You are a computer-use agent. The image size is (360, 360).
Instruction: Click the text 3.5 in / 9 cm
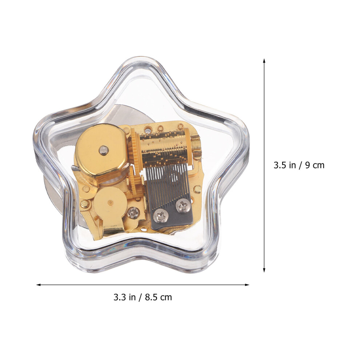(x=299, y=165)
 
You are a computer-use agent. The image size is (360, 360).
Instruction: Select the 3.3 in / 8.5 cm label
(x=143, y=297)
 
